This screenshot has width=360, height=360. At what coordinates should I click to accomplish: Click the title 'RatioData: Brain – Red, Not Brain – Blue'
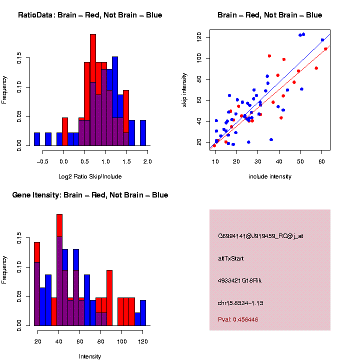coord(90,15)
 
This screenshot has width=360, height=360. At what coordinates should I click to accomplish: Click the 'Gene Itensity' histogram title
coord(90,195)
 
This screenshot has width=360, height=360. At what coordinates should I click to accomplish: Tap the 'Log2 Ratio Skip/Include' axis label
coord(90,176)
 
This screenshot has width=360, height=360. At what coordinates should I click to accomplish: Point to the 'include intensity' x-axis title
coord(270,176)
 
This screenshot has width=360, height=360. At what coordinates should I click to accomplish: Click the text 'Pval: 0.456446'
coord(238,319)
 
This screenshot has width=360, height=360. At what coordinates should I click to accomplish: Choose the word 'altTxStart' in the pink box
coord(230,258)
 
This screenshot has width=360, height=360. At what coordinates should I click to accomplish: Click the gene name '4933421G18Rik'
coord(239,280)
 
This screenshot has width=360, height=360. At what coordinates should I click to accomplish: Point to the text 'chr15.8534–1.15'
coord(241,303)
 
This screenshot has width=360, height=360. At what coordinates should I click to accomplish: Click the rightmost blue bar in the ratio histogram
coord(143,133)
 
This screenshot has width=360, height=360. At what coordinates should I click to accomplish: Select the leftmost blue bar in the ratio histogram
coord(37,139)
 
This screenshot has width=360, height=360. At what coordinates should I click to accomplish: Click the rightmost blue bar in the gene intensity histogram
coord(143,313)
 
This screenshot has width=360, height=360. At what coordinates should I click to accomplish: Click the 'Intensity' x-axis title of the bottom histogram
coord(90,356)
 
